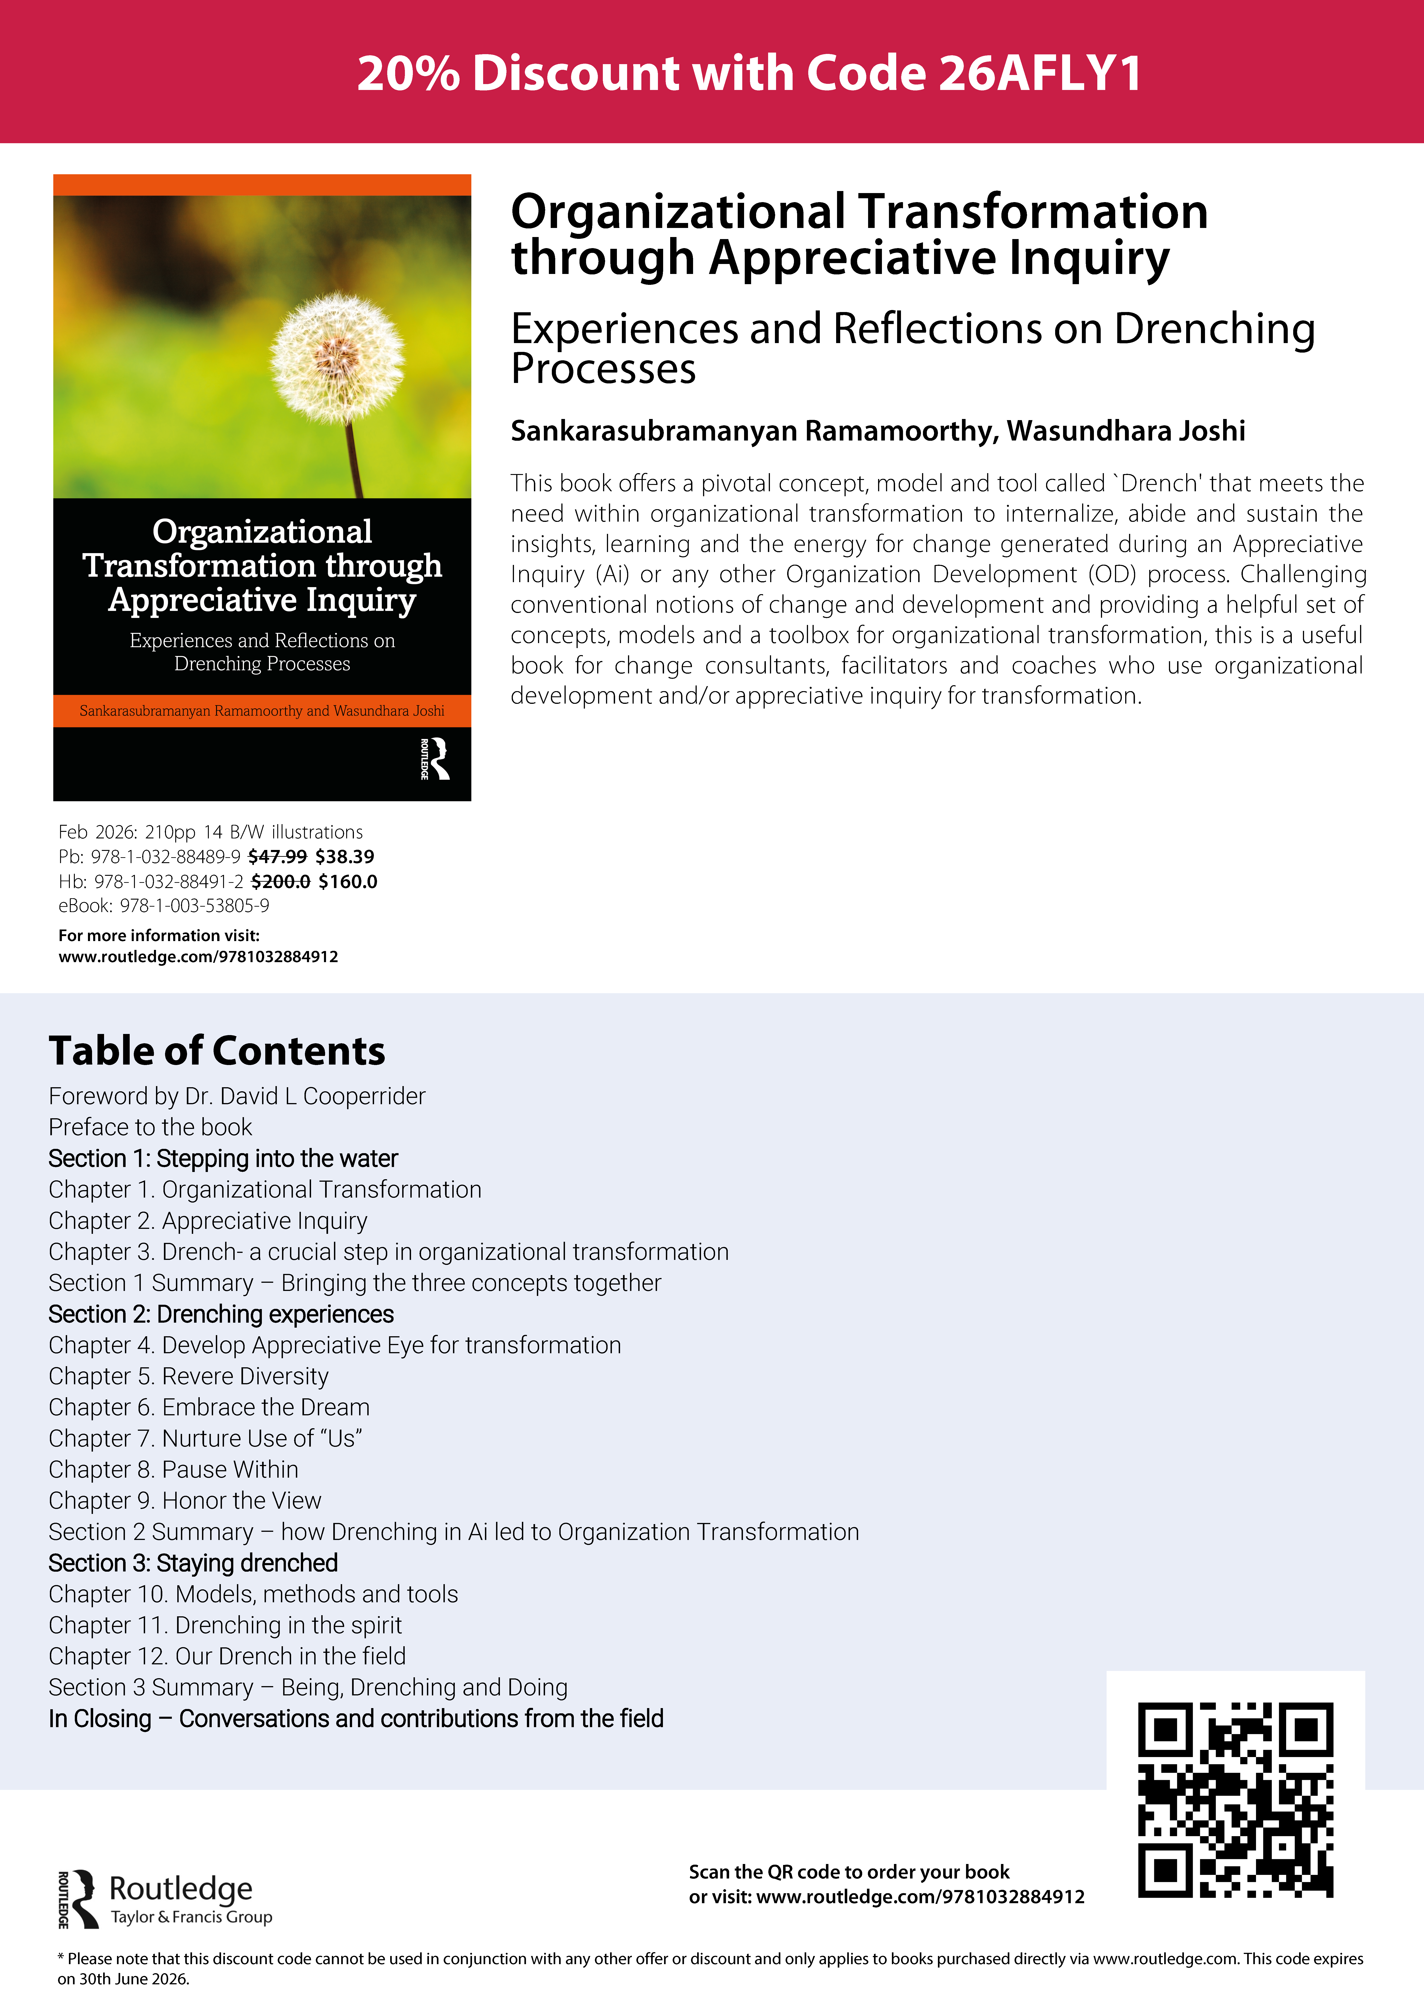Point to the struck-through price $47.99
(277, 857)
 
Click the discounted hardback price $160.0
(348, 881)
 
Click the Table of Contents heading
(217, 1051)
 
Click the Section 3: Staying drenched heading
(193, 1563)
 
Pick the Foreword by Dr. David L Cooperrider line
(237, 1097)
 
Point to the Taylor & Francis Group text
(191, 1917)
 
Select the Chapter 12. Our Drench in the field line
(227, 1656)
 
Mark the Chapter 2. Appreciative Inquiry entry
(208, 1221)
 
